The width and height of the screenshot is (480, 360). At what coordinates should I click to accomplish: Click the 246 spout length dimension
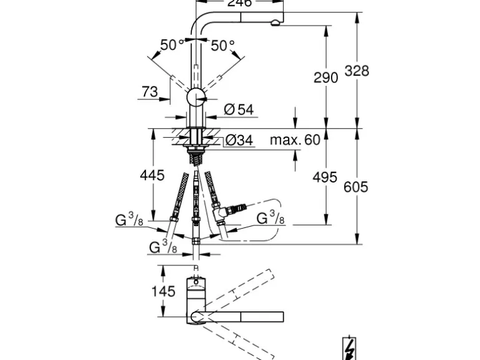tap(239, 4)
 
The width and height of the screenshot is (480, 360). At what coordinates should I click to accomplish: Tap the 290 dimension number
tap(325, 77)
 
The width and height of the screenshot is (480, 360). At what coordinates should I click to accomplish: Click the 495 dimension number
tap(324, 177)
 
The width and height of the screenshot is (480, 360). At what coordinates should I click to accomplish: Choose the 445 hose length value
tap(152, 176)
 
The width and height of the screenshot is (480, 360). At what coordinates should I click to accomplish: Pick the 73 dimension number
tap(150, 92)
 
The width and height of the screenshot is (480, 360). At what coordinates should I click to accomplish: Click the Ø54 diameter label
tap(238, 110)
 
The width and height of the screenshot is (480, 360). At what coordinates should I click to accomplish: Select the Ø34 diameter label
tap(238, 141)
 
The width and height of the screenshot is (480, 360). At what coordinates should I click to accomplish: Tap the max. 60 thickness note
tap(294, 140)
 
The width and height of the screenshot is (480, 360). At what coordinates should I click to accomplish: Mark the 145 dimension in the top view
tap(163, 290)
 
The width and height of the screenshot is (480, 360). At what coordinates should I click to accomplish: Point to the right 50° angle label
tap(223, 45)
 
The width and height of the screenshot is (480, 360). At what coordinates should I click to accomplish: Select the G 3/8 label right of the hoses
tap(271, 218)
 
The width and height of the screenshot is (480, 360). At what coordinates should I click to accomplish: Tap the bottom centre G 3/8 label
tap(163, 247)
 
